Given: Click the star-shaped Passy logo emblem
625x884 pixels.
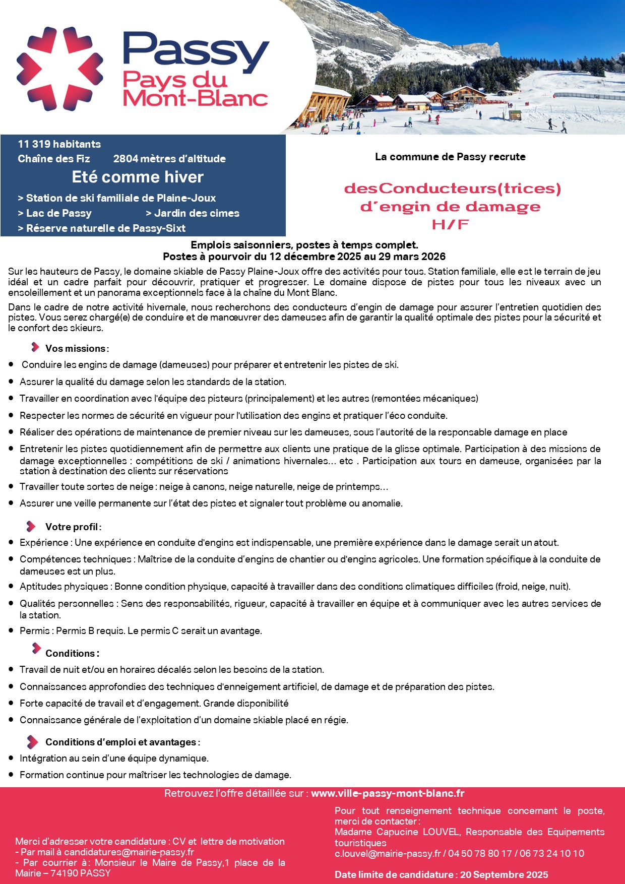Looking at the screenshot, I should coord(59,69).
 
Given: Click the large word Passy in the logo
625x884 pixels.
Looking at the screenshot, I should coord(196,51).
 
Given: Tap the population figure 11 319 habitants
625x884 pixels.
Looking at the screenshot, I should coord(59,144).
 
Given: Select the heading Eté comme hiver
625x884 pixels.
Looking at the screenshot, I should coord(138,177).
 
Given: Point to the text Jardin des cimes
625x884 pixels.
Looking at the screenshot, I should coord(197,213).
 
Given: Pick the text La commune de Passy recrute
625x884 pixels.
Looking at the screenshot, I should coord(450,157).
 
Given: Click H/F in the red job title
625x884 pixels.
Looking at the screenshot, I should coord(450,225).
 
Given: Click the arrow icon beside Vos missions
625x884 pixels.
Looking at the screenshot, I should coord(35,347).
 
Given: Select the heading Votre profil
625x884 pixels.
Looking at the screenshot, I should coord(73,527).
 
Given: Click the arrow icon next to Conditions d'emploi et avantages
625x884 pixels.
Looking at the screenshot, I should coord(32,741).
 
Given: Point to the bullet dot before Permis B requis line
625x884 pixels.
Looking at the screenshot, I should coord(11,630).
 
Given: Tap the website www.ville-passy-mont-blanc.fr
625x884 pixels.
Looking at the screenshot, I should coord(388,793).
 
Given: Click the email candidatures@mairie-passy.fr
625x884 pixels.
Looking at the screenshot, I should coord(129,852).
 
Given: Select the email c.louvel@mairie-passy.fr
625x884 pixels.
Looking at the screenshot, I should coord(388,853).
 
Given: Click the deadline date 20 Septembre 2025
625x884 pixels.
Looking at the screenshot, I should coord(504,874).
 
